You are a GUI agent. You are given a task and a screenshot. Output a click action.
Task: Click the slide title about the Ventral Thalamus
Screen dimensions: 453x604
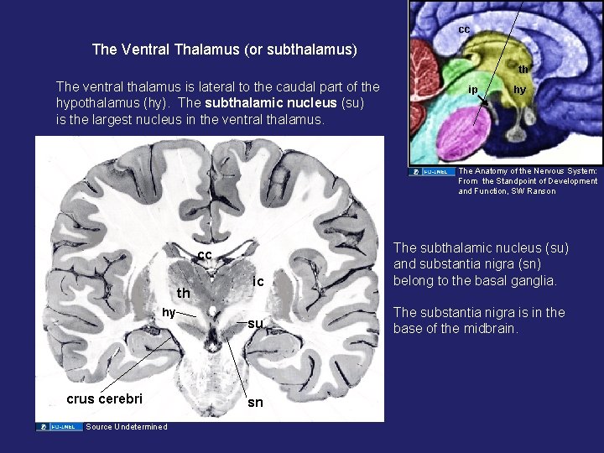click(224, 49)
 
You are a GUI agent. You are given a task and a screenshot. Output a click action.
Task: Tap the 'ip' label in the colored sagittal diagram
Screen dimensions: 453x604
click(473, 88)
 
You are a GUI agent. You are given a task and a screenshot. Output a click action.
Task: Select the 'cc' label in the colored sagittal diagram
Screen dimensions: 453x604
click(464, 29)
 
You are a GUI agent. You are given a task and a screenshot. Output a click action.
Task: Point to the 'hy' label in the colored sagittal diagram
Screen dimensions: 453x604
click(519, 89)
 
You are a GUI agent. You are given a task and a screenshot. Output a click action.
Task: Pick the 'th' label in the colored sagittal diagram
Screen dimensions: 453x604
click(523, 70)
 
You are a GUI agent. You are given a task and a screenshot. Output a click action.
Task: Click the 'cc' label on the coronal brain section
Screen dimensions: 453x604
click(205, 255)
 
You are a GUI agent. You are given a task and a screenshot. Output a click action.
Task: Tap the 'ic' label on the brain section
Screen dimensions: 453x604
click(259, 282)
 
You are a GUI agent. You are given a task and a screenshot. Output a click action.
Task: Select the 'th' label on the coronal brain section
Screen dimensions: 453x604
click(183, 294)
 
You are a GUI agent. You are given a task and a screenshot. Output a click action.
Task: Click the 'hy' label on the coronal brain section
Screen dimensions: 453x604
click(169, 312)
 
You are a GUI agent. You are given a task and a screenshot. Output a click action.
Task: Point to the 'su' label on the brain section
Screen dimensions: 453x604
click(256, 323)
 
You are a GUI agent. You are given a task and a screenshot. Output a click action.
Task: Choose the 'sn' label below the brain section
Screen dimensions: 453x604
click(255, 403)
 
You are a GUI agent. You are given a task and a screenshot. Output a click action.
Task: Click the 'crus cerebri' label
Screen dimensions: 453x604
click(105, 398)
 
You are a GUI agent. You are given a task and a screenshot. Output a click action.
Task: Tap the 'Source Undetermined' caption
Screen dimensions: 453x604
click(126, 427)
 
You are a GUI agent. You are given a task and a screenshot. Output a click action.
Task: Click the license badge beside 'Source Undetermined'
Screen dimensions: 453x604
click(59, 427)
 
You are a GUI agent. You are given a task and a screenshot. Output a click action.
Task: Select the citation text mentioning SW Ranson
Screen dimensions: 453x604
click(528, 181)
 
